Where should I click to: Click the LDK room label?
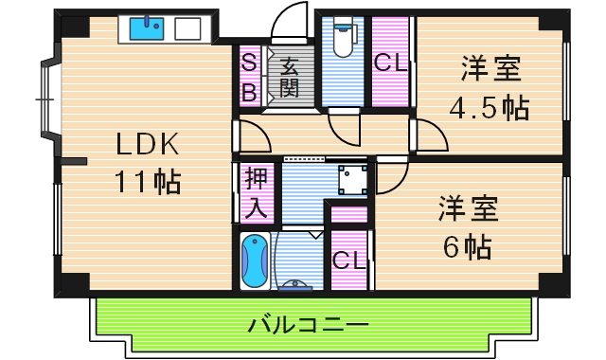click(147, 144)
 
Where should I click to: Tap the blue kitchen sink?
click(147, 29)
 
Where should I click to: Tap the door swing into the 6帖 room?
click(392, 174)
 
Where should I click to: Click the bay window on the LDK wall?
click(45, 97)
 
